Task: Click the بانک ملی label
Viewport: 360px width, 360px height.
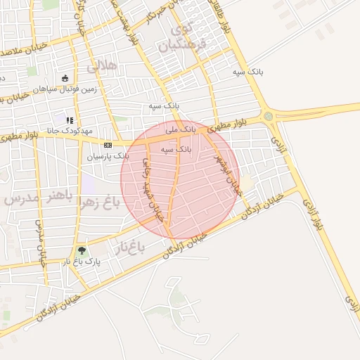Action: pyautogui.click(x=181, y=130)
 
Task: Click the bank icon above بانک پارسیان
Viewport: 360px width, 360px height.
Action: pyautogui.click(x=107, y=145)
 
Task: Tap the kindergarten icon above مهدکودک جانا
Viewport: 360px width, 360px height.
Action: pyautogui.click(x=70, y=120)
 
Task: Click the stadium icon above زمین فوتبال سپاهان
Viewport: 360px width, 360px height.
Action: pyautogui.click(x=65, y=78)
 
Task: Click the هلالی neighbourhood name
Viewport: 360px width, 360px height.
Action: pyautogui.click(x=103, y=67)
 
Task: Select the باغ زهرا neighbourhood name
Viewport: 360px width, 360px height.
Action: pyautogui.click(x=102, y=203)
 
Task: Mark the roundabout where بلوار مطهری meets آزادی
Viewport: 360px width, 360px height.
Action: pyautogui.click(x=268, y=116)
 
